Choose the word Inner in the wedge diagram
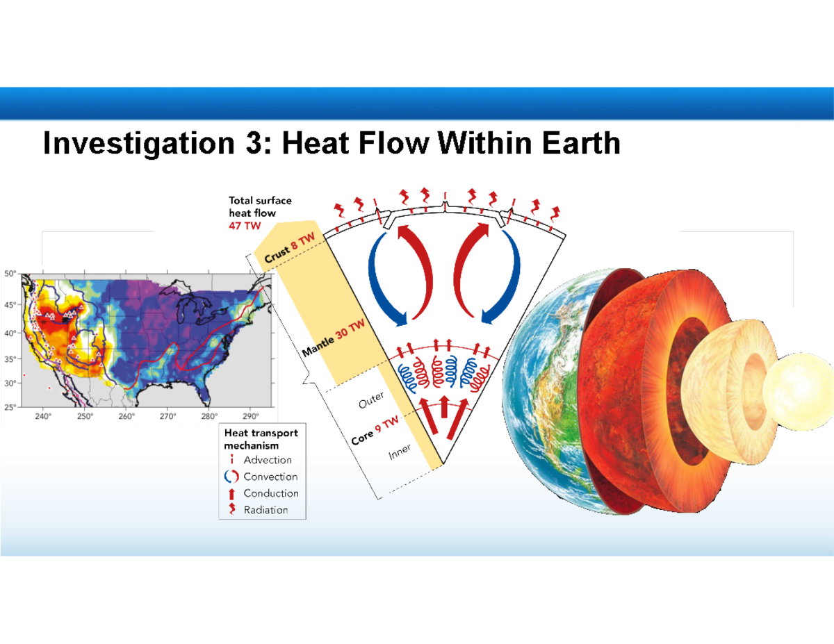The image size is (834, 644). tap(400, 452)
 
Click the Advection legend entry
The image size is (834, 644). tap(267, 460)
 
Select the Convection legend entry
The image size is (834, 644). tap(270, 477)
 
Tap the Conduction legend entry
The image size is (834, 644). tap(270, 493)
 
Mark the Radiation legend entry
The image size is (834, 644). tap(265, 510)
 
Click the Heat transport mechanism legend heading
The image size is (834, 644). tap(260, 438)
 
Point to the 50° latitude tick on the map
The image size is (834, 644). tap(12, 274)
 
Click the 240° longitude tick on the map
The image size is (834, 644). tap(43, 417)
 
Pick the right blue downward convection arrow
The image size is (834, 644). tap(505, 278)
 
